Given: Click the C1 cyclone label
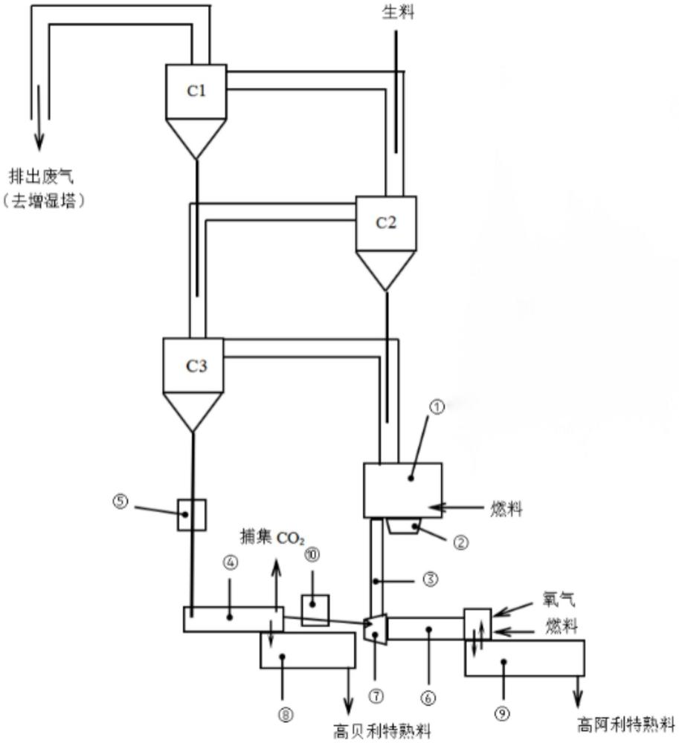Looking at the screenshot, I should pos(195,92).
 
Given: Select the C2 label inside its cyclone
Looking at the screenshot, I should pos(384,223).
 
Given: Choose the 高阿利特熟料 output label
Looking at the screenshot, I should pos(626,722).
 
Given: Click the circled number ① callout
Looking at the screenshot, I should pos(438,408).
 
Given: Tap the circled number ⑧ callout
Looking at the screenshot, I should pos(286,714).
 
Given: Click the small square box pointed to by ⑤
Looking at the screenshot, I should pos(191,514).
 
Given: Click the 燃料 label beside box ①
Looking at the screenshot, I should pos(506,510).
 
